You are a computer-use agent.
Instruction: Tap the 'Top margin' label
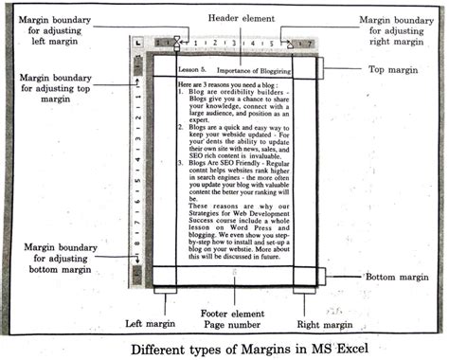(x=393, y=69)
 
